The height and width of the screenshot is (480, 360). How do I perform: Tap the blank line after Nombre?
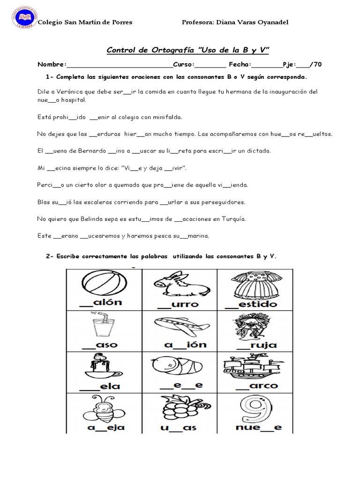coord(120,65)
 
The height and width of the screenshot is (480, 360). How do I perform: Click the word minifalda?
coord(164,117)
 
